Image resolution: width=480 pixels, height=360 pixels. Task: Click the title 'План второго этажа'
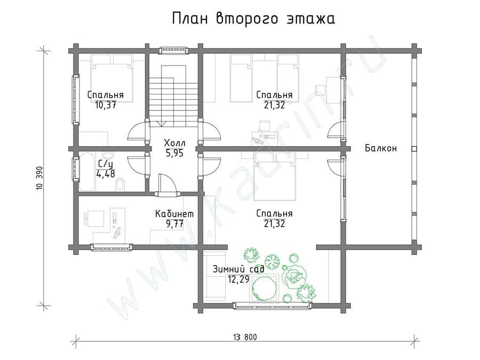pyautogui.click(x=253, y=19)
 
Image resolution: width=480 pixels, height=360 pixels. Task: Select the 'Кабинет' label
pyautogui.click(x=174, y=214)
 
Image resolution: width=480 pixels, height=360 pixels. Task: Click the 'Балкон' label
pyautogui.click(x=381, y=148)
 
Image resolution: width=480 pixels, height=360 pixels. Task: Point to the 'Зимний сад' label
pyautogui.click(x=238, y=269)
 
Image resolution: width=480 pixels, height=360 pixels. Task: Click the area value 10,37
pyautogui.click(x=105, y=106)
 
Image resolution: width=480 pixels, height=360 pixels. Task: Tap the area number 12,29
pyautogui.click(x=238, y=279)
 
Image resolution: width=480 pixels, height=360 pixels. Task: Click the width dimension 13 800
pyautogui.click(x=245, y=338)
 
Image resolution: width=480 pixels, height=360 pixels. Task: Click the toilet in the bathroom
pyautogui.click(x=121, y=186)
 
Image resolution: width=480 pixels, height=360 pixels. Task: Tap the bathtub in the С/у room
pyautogui.click(x=87, y=172)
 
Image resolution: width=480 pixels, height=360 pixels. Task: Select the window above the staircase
pyautogui.click(x=173, y=50)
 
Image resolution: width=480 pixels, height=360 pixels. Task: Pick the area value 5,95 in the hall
pyautogui.click(x=174, y=153)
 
